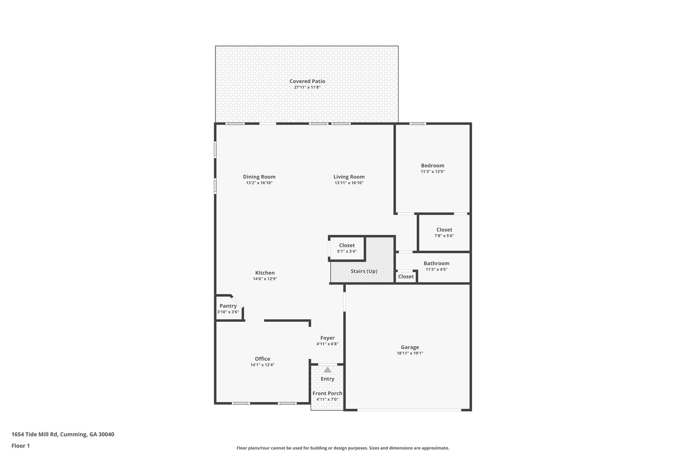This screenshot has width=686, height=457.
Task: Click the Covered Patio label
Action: coord(307,81)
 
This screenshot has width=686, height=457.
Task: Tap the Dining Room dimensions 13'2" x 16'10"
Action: coord(259,183)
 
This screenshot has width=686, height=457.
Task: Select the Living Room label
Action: coord(349,177)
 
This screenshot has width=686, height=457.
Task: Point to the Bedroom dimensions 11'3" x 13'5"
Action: coord(433,171)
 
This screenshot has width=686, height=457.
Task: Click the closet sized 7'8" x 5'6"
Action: coord(444,232)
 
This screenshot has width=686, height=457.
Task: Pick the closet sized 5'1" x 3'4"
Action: coord(347,248)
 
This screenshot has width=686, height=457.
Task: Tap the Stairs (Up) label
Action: coord(364,271)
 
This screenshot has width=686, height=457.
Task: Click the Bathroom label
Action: coord(436,263)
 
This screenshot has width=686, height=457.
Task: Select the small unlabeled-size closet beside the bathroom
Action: coord(406,277)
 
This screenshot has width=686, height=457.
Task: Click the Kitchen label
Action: coord(265,273)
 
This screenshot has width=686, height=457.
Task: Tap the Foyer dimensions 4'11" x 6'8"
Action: coord(327,344)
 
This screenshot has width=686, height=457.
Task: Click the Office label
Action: coord(262,359)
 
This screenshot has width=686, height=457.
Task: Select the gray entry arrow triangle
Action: coord(328,370)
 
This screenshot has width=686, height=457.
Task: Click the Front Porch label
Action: coord(327,393)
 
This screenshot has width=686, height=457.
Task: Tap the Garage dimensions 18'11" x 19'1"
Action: coord(410,353)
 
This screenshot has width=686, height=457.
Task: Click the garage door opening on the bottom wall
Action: coord(409,409)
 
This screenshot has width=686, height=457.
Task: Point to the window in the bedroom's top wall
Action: coord(418,124)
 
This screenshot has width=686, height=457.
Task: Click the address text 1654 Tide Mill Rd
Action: coord(35,435)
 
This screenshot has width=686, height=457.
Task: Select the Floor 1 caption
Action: coord(21,446)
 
